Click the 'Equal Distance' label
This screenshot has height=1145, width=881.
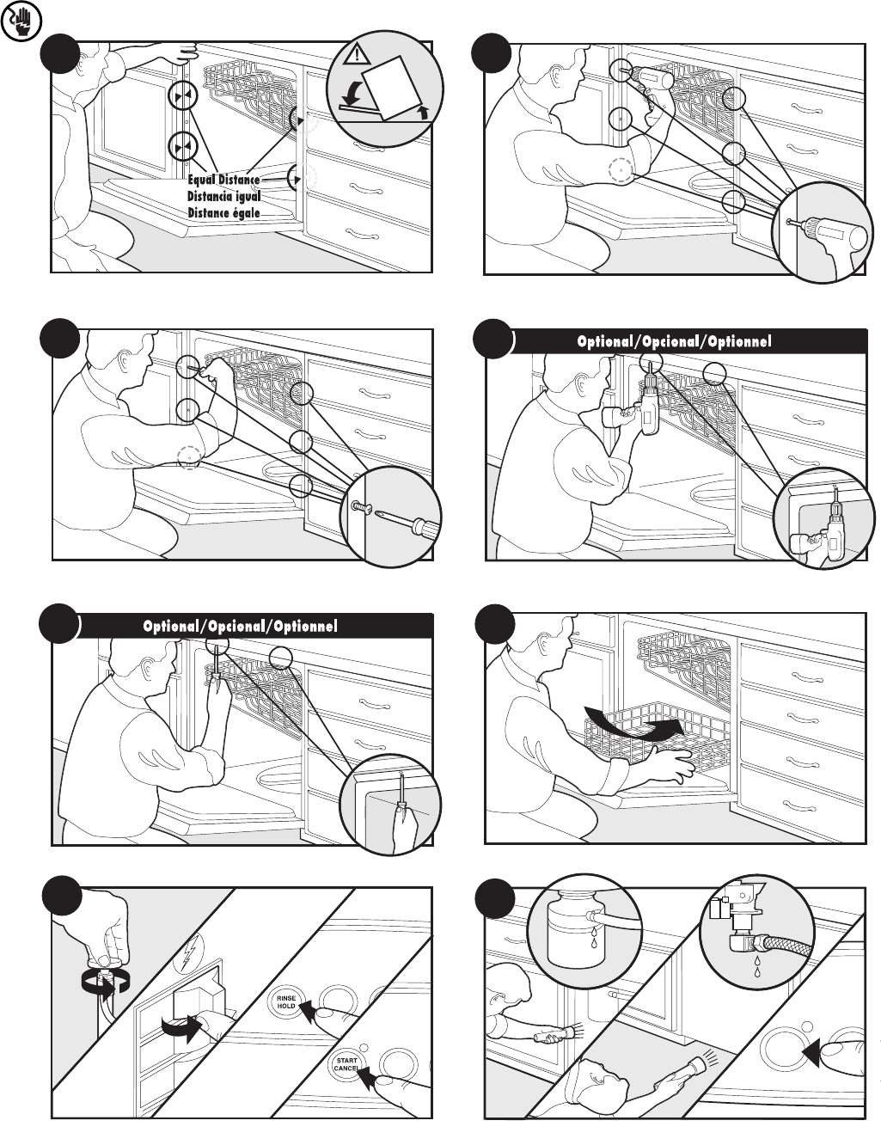223,180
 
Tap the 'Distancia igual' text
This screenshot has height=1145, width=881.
223,196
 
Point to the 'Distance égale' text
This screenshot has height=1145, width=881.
223,212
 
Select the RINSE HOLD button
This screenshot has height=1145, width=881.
286,1001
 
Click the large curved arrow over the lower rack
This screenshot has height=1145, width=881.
636,720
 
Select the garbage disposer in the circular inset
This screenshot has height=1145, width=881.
572,932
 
